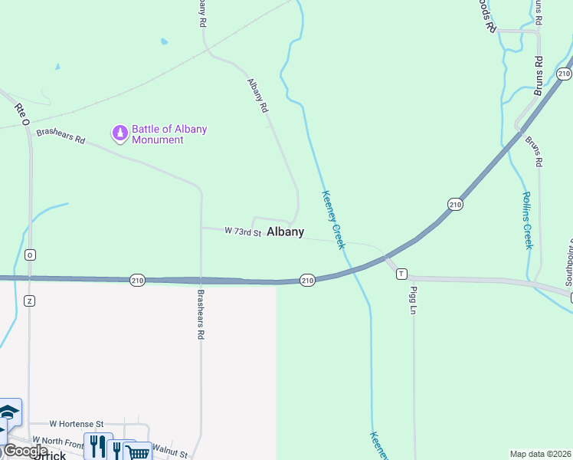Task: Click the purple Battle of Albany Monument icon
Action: pyautogui.click(x=120, y=134)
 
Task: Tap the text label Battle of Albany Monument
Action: pyautogui.click(x=169, y=134)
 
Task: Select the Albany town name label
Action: pyautogui.click(x=285, y=232)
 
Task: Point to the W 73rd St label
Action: pyautogui.click(x=243, y=232)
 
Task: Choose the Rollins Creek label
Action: pyautogui.click(x=527, y=220)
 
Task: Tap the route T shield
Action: pyautogui.click(x=401, y=273)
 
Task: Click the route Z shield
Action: pyautogui.click(x=30, y=300)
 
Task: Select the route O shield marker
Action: pyautogui.click(x=30, y=255)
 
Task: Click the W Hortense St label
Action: pyautogui.click(x=77, y=423)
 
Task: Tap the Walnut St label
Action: pyautogui.click(x=169, y=450)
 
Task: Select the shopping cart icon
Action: pyautogui.click(x=137, y=452)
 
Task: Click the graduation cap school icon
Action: pyautogui.click(x=9, y=414)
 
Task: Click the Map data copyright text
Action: pyautogui.click(x=540, y=453)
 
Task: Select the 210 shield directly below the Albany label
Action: pyautogui.click(x=307, y=281)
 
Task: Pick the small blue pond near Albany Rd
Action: pyautogui.click(x=164, y=42)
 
